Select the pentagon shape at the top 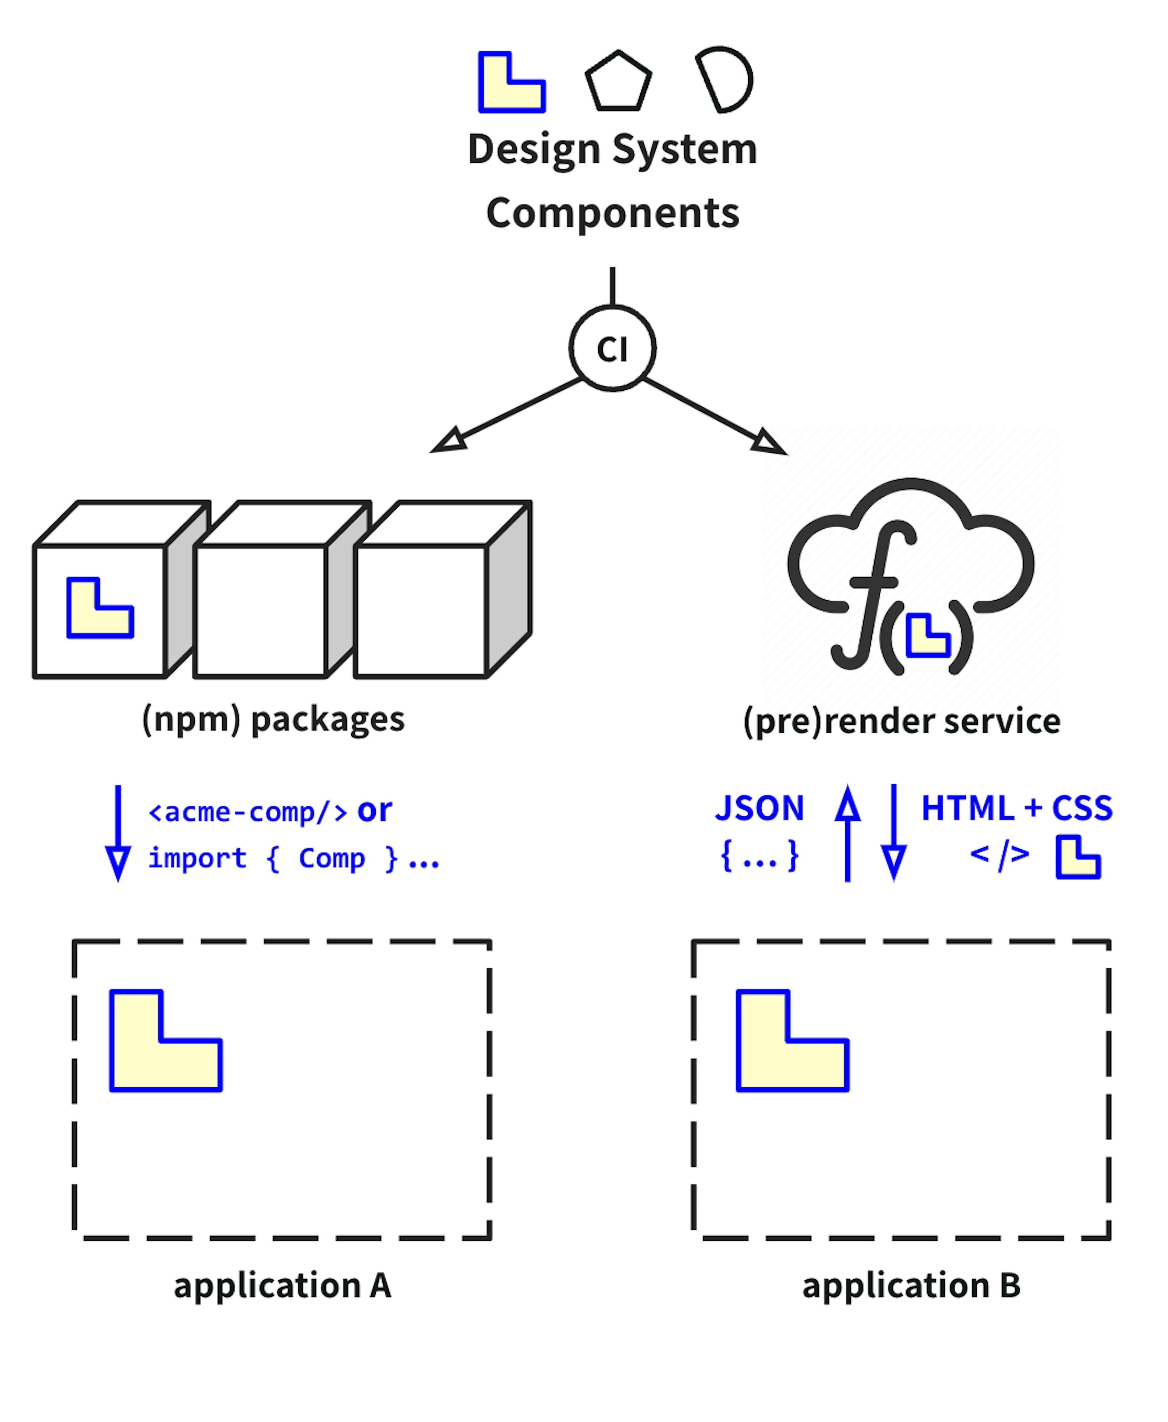[x=618, y=82]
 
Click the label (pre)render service [x=902, y=721]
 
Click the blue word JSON [x=759, y=808]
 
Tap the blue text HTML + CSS [x=1016, y=808]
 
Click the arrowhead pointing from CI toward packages [x=450, y=441]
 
